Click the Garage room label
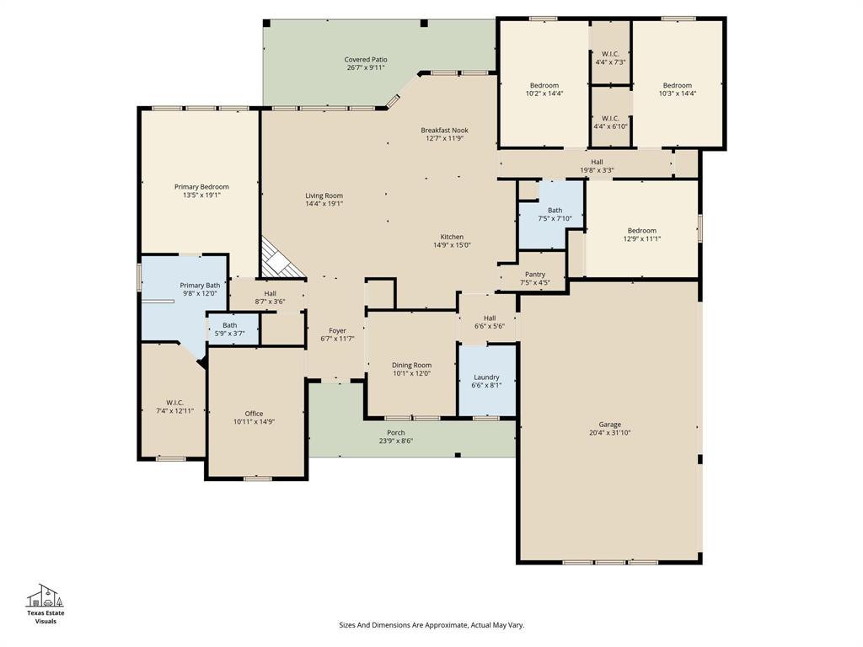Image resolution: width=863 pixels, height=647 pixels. pyautogui.click(x=609, y=425)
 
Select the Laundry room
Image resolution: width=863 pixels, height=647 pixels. pyautogui.click(x=486, y=381)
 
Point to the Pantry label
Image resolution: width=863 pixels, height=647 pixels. pyautogui.click(x=534, y=275)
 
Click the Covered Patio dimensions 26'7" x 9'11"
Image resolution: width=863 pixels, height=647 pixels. pyautogui.click(x=366, y=68)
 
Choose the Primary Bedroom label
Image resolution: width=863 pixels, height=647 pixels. pyautogui.click(x=201, y=187)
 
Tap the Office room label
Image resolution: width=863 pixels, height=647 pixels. pyautogui.click(x=254, y=414)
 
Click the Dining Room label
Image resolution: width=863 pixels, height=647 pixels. pyautogui.click(x=411, y=366)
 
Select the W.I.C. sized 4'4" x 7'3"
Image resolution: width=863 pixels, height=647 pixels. pyautogui.click(x=610, y=58)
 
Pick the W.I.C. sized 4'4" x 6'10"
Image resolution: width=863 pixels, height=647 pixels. pyautogui.click(x=610, y=122)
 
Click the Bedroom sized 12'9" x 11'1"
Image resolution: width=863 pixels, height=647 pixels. pyautogui.click(x=641, y=234)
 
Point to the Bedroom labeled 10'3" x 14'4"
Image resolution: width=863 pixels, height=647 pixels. pyautogui.click(x=677, y=89)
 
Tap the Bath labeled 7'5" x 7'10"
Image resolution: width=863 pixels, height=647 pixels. pyautogui.click(x=554, y=215)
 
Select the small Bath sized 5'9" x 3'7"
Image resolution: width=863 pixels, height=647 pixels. pyautogui.click(x=229, y=329)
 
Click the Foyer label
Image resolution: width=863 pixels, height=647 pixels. pyautogui.click(x=337, y=332)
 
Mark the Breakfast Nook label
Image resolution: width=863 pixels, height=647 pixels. pyautogui.click(x=444, y=131)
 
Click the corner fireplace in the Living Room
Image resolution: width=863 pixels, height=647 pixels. pyautogui.click(x=276, y=258)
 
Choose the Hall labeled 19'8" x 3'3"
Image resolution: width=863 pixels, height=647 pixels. pyautogui.click(x=597, y=166)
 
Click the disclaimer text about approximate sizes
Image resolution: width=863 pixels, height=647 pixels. pyautogui.click(x=431, y=625)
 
